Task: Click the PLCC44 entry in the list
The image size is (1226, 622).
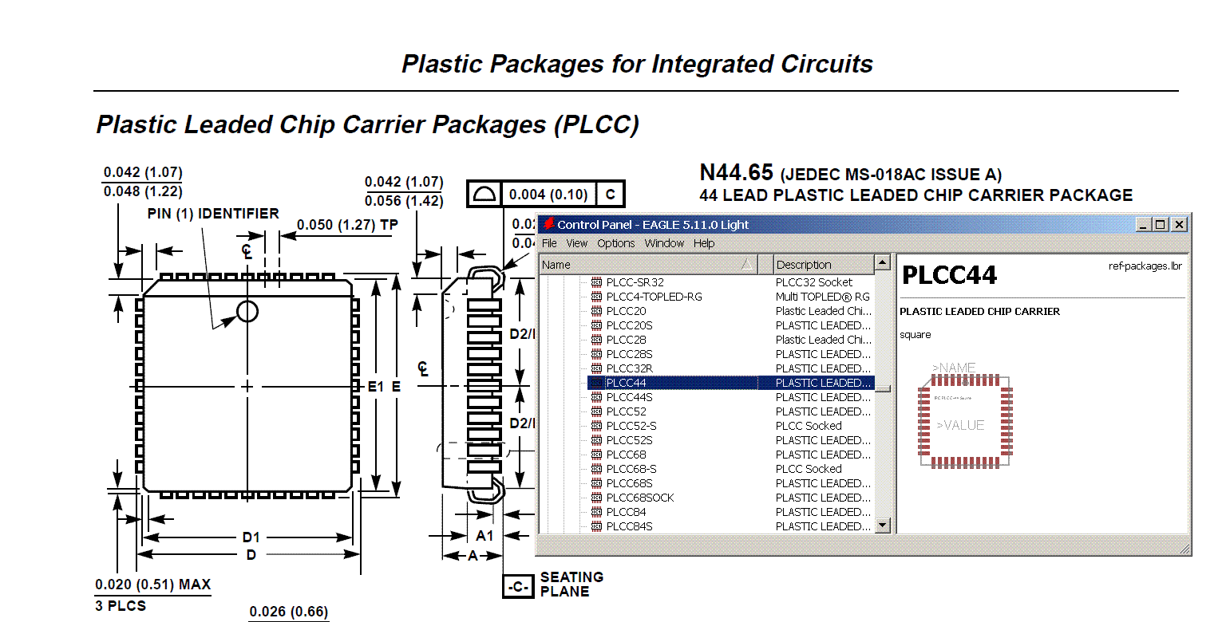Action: (x=626, y=383)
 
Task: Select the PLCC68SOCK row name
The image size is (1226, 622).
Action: (x=639, y=498)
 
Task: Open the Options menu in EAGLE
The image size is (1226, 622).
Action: (x=615, y=243)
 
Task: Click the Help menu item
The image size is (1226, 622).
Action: (x=704, y=243)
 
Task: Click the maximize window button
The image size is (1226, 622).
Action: (x=1161, y=225)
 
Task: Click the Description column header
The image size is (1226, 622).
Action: (x=804, y=265)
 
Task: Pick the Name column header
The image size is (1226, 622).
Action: (x=556, y=265)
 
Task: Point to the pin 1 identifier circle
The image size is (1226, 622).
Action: (x=247, y=311)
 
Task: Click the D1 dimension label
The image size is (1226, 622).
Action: (x=251, y=537)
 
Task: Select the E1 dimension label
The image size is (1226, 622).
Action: (x=375, y=387)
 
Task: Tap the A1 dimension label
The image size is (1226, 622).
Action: (x=484, y=536)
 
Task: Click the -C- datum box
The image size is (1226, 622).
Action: (x=517, y=587)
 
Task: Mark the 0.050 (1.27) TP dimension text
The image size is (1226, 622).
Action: (x=347, y=225)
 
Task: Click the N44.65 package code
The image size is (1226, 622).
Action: (x=736, y=172)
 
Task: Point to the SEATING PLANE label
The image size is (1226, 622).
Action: (x=571, y=584)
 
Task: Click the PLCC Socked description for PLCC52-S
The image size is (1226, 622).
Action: (x=809, y=426)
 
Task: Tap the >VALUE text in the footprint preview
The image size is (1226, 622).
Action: (x=960, y=425)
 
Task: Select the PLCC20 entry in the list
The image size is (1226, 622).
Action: (x=626, y=311)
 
